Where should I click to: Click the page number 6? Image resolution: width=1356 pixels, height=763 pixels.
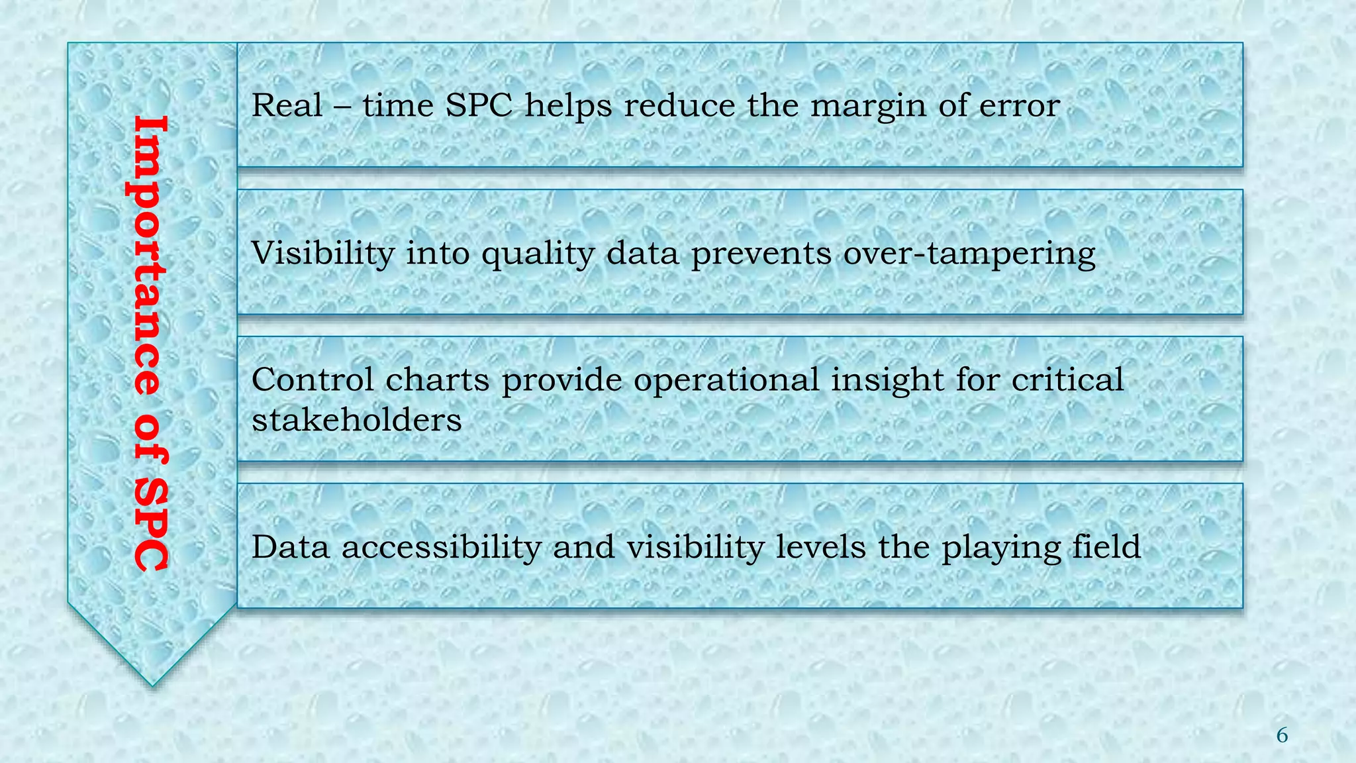click(x=1282, y=735)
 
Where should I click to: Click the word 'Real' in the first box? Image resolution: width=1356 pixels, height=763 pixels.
click(x=287, y=105)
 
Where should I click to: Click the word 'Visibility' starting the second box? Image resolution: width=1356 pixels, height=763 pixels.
click(x=322, y=253)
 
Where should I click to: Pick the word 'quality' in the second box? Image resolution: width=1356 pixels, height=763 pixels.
click(x=538, y=254)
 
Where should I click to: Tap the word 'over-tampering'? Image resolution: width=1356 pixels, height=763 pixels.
click(x=969, y=254)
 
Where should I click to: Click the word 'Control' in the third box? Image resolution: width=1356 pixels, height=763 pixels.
click(x=313, y=380)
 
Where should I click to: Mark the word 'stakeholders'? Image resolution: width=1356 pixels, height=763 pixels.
click(x=356, y=420)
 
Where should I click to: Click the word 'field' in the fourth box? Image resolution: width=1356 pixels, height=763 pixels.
click(x=1107, y=547)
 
